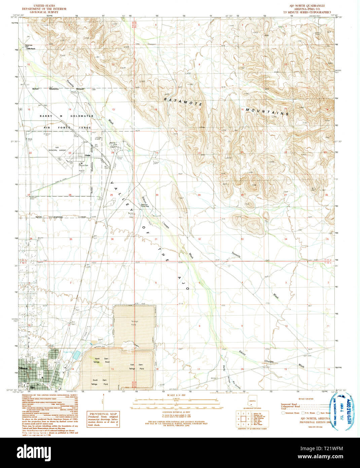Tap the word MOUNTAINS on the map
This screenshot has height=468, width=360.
(x=267, y=112)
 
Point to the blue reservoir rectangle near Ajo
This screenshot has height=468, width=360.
(x=77, y=355)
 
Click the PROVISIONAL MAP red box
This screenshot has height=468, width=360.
(x=103, y=419)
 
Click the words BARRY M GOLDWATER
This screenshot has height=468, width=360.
(x=66, y=116)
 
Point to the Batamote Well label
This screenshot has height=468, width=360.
(x=29, y=45)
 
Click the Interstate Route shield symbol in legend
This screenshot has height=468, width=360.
(x=283, y=413)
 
